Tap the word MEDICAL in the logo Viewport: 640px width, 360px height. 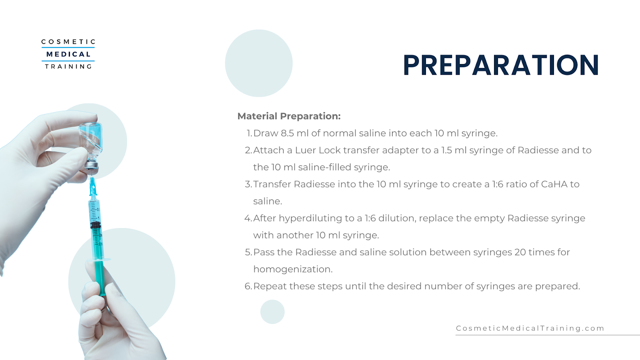point(68,54)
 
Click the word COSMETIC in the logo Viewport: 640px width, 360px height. point(68,42)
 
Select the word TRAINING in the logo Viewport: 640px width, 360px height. point(68,66)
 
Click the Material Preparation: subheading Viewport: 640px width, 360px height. point(289,116)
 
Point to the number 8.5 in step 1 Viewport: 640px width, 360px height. point(287,133)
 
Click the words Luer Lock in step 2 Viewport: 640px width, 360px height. point(318,150)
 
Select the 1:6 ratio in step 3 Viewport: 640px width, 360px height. point(498,184)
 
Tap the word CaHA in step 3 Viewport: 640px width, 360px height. point(554,184)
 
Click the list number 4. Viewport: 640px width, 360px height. point(248,218)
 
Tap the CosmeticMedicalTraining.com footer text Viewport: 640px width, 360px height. point(530,328)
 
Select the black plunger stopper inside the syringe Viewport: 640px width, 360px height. point(96,226)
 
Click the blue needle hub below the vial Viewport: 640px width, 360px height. point(92,187)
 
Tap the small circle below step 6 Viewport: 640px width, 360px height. point(272,312)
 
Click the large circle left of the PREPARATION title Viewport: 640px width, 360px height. point(259,63)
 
